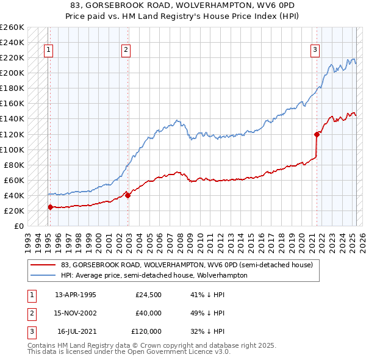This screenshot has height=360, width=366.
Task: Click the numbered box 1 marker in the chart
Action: (x=48, y=51)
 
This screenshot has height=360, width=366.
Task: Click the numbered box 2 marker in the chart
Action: (x=125, y=51)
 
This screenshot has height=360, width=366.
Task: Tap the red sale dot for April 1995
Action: (x=50, y=207)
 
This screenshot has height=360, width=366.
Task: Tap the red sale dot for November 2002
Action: (x=127, y=195)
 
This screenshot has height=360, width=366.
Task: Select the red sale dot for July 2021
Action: (x=317, y=134)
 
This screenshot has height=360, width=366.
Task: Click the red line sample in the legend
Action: (x=43, y=265)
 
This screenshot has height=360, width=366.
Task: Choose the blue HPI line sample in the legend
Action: (x=43, y=275)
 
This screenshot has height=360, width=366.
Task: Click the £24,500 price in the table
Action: (x=148, y=295)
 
